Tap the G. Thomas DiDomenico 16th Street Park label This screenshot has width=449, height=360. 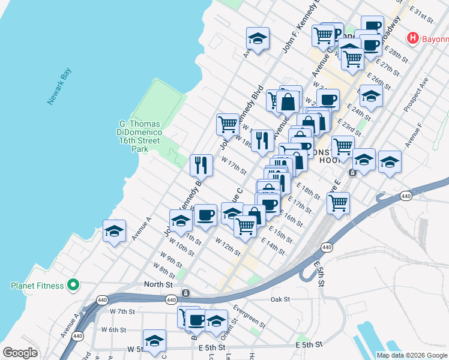(139, 137)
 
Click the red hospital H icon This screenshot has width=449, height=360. (412, 38)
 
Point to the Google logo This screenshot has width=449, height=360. (20, 352)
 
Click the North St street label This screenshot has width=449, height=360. (158, 284)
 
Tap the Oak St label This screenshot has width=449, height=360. (280, 299)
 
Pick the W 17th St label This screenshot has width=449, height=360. (234, 165)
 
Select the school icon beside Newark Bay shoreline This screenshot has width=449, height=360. (114, 230)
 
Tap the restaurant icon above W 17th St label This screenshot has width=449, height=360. (202, 164)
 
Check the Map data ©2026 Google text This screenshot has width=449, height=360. (411, 355)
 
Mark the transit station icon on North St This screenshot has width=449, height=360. (186, 293)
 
